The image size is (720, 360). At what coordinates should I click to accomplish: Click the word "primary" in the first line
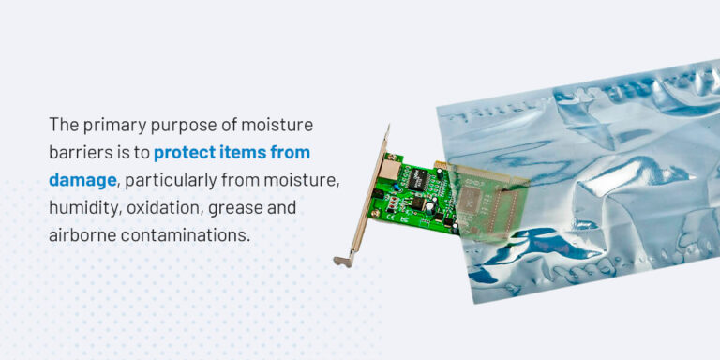click(113, 125)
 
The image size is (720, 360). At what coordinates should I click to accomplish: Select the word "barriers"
click(80, 152)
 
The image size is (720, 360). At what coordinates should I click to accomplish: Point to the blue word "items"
click(247, 152)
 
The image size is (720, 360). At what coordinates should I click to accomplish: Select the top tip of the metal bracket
click(386, 129)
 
